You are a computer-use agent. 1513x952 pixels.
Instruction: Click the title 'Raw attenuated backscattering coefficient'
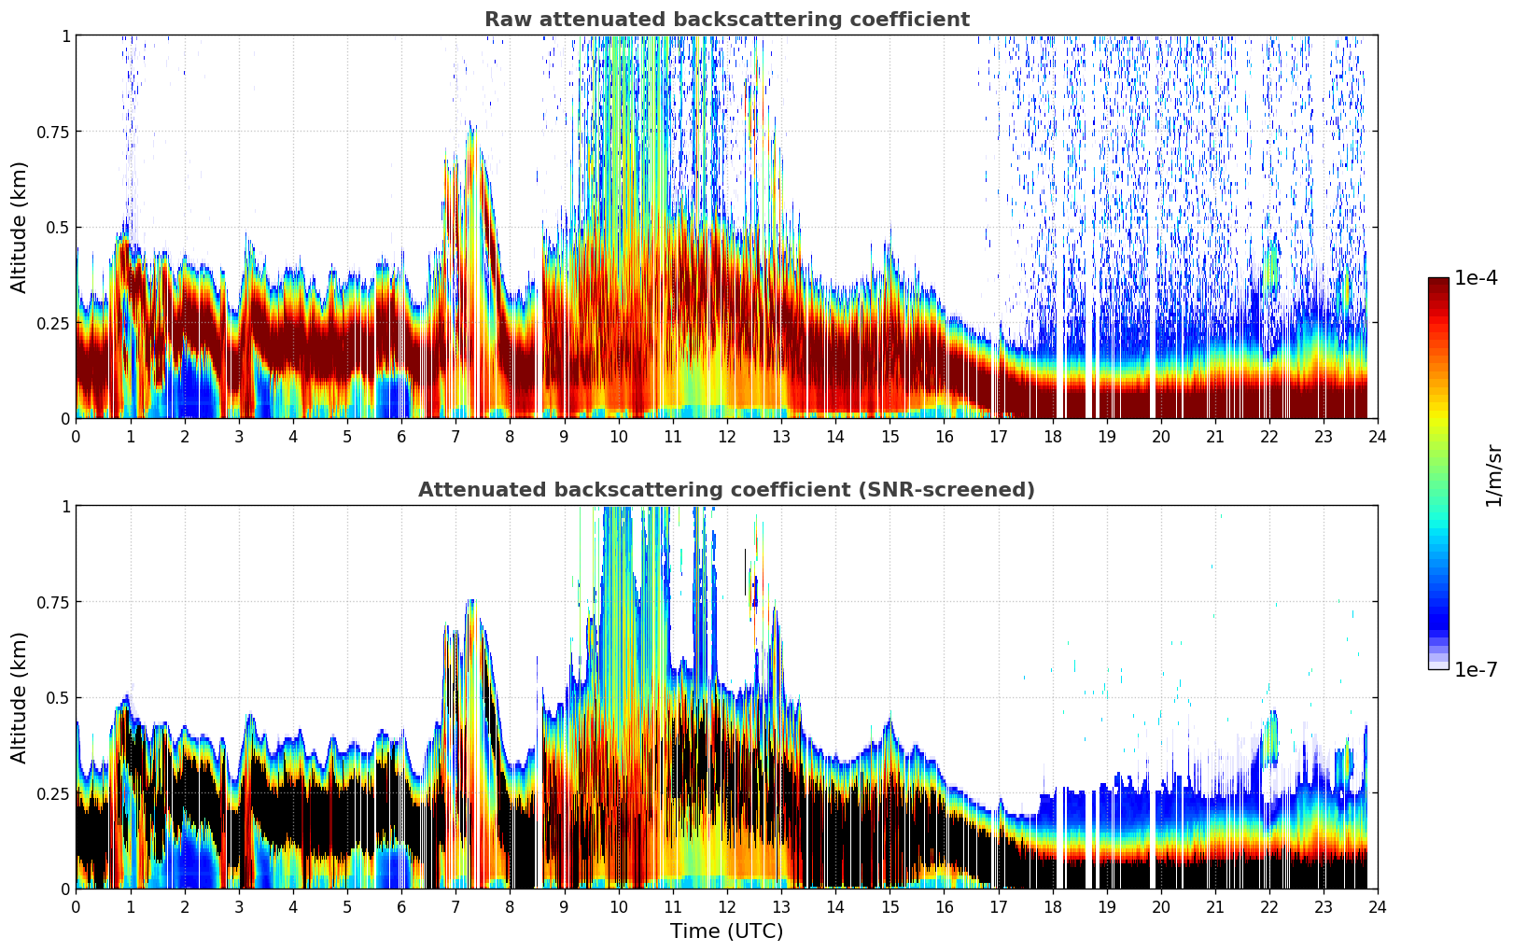pyautogui.click(x=726, y=20)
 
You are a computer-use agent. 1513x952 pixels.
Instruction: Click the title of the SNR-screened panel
pyautogui.click(x=726, y=490)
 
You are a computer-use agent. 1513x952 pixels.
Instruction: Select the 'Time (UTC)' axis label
pyautogui.click(x=726, y=931)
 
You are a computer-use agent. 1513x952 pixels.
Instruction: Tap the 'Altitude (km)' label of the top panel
pyautogui.click(x=19, y=227)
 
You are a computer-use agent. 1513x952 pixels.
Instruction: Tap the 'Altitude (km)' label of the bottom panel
pyautogui.click(x=19, y=697)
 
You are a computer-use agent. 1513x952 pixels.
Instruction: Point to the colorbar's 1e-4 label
pyautogui.click(x=1477, y=279)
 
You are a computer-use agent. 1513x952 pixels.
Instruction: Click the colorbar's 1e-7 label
pyautogui.click(x=1477, y=669)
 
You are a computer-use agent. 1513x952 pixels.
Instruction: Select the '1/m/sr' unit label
pyautogui.click(x=1493, y=474)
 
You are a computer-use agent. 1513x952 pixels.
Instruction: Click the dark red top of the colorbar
pyautogui.click(x=1438, y=284)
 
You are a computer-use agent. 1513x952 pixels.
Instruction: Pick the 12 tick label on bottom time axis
pyautogui.click(x=727, y=906)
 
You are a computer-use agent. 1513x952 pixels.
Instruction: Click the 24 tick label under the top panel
pyautogui.click(x=1378, y=436)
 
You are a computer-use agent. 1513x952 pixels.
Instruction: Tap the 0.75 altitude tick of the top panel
pyautogui.click(x=53, y=132)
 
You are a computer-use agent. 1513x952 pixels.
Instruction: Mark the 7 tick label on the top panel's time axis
pyautogui.click(x=455, y=436)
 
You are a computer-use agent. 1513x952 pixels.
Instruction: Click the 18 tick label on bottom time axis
pyautogui.click(x=1052, y=906)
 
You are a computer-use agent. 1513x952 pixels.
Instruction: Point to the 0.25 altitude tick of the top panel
pyautogui.click(x=53, y=323)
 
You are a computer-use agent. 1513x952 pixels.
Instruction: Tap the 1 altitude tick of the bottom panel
pyautogui.click(x=65, y=506)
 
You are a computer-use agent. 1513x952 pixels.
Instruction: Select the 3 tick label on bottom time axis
pyautogui.click(x=239, y=906)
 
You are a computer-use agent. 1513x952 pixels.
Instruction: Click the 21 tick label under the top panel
pyautogui.click(x=1214, y=436)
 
